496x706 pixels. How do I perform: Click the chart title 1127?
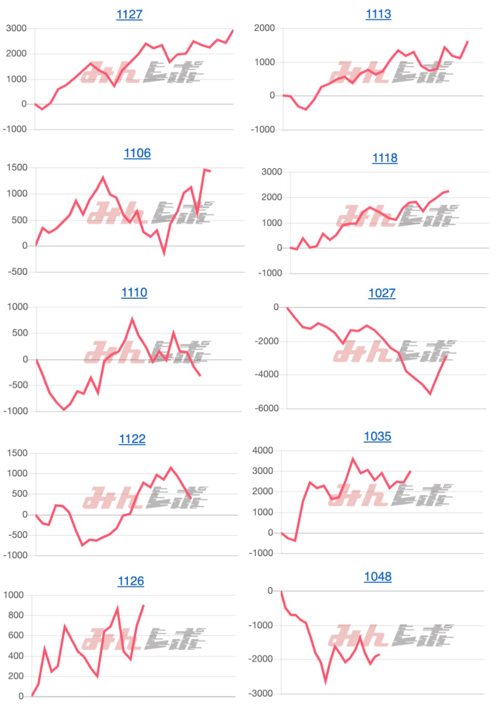click(129, 14)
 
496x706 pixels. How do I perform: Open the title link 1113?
click(378, 14)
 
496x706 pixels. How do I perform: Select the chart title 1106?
click(137, 153)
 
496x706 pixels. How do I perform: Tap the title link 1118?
click(385, 158)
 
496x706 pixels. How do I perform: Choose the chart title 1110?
click(134, 292)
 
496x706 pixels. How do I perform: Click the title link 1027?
click(382, 293)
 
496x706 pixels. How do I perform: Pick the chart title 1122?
click(132, 439)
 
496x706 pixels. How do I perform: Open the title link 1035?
click(377, 436)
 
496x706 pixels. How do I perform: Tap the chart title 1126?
click(130, 581)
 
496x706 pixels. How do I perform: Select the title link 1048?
click(377, 577)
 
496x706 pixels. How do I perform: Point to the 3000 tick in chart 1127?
click(16, 28)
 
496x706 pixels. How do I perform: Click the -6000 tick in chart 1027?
click(267, 408)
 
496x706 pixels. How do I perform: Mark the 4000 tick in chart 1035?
click(263, 450)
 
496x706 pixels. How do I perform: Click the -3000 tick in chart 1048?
click(260, 693)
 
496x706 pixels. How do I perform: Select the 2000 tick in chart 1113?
click(264, 28)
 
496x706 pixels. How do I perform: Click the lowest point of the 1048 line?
click(325, 682)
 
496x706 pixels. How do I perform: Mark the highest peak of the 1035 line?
click(353, 459)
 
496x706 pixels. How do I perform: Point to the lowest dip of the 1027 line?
click(430, 394)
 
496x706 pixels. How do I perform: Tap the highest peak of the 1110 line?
click(132, 319)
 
